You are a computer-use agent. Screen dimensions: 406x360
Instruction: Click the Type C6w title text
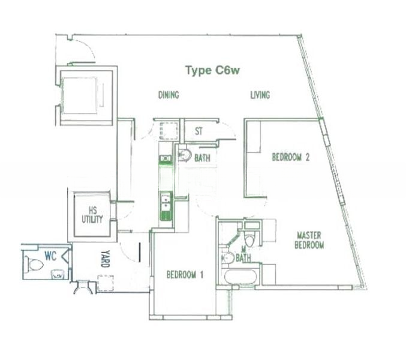[212, 71]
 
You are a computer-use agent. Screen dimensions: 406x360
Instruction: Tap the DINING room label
[169, 95]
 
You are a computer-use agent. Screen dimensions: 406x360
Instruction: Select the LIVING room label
[260, 95]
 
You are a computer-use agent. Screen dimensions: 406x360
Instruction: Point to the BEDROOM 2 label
[290, 157]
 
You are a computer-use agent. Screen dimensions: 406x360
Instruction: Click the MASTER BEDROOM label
[309, 240]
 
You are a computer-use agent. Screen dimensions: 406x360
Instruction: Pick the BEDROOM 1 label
[185, 275]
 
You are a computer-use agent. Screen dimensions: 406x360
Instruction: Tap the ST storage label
[199, 131]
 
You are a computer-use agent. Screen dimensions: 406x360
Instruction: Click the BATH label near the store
[202, 158]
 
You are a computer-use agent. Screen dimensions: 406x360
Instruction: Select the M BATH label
[243, 254]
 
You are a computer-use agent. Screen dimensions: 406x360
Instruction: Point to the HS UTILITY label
[92, 215]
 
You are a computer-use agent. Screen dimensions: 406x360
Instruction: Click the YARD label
[106, 259]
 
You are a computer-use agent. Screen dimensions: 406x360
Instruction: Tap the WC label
[50, 256]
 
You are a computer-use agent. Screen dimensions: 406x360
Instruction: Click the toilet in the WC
[34, 264]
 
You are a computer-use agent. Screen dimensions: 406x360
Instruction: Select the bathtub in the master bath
[240, 277]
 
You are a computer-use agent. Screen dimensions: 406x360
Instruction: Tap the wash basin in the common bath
[185, 155]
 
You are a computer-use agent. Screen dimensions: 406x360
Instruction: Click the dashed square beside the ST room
[169, 131]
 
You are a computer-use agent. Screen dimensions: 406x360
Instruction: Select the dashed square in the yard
[106, 283]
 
